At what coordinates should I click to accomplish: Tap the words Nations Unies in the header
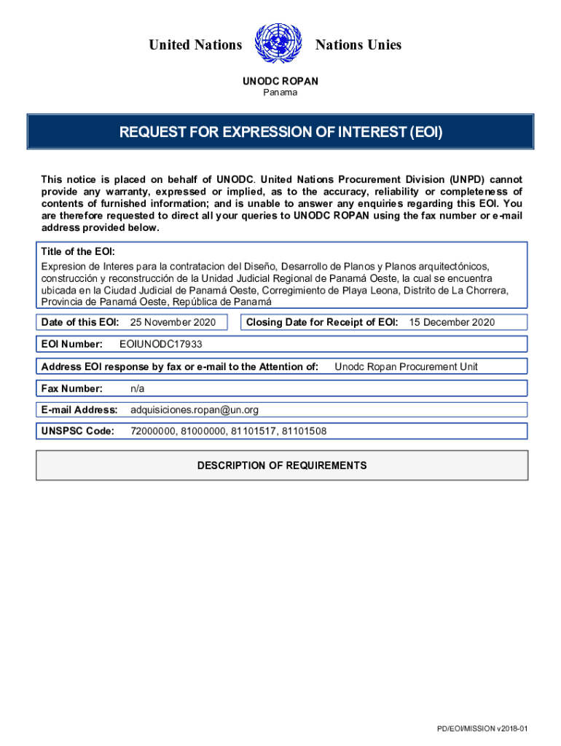click(358, 45)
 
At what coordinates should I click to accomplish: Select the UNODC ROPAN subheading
click(280, 82)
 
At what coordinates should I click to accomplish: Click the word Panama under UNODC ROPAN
click(280, 93)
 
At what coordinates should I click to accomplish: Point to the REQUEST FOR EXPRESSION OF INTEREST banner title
click(281, 133)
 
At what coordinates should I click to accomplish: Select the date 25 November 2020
click(173, 322)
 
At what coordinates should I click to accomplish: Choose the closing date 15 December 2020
click(452, 322)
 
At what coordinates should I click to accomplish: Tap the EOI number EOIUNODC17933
click(160, 344)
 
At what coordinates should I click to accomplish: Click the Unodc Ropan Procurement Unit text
click(406, 366)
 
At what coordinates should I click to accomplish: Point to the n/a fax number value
click(137, 388)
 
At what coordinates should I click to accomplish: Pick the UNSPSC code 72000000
click(153, 431)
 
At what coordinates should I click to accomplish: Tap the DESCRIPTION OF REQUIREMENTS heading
click(282, 466)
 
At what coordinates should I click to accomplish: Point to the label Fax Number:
click(72, 388)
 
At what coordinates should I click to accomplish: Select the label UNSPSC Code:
click(78, 431)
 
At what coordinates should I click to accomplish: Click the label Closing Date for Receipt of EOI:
click(322, 322)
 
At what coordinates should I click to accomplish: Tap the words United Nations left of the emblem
click(195, 45)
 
